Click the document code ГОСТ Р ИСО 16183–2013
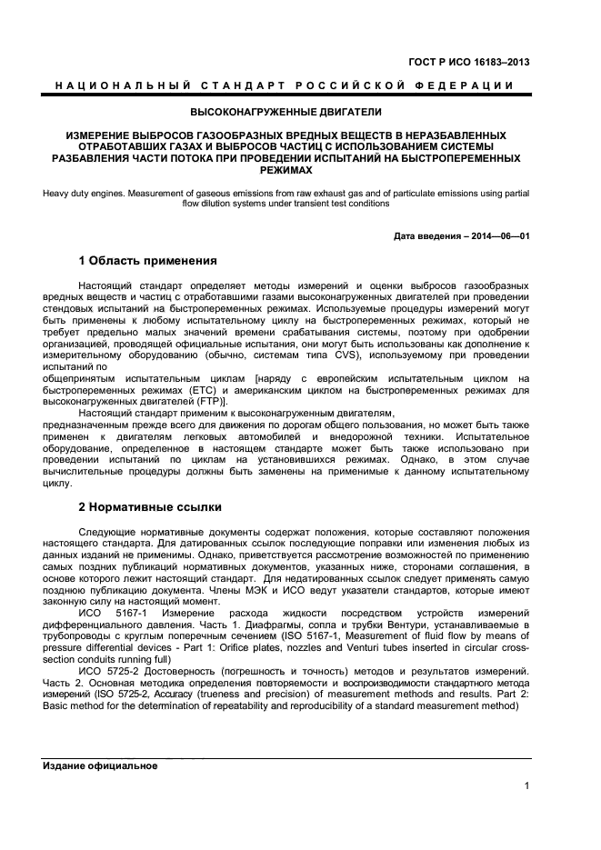469,63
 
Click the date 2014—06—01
501,235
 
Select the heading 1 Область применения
147,261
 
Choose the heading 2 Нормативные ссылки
149,506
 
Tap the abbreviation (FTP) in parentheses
211,402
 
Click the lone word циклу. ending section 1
57,485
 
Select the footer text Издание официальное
101,765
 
